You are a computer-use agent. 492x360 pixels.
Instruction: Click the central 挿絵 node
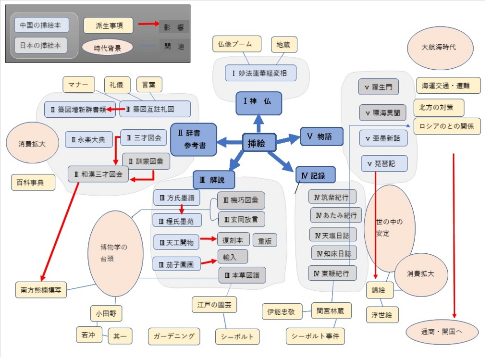pos(258,142)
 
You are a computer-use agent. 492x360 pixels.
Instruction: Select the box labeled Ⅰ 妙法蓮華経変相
pos(260,73)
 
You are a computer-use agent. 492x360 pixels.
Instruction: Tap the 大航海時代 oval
pos(438,48)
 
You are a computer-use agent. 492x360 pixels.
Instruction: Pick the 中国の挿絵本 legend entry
pos(41,25)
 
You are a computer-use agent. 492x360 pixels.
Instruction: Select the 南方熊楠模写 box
pos(41,290)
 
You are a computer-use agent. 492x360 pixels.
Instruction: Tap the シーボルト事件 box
pos(315,336)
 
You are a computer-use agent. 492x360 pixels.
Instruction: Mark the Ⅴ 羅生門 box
pos(379,87)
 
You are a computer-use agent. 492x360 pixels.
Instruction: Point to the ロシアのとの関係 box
pos(447,126)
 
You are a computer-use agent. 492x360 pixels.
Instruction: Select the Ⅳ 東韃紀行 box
pos(332,273)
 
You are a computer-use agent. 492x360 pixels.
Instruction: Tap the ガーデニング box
pos(174,336)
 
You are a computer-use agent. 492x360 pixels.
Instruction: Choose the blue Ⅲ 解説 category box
pos(214,180)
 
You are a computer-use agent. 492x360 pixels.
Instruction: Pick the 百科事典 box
pos(33,183)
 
